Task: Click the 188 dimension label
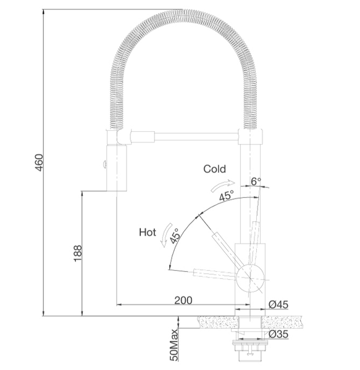[78, 253]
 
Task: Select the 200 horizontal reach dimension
[183, 300]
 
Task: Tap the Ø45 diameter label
[278, 305]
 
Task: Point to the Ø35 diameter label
[278, 334]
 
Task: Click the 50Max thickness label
[174, 345]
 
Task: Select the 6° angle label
[256, 181]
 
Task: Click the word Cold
[214, 169]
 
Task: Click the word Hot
[148, 232]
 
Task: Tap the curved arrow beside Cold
[222, 184]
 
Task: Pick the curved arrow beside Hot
[166, 235]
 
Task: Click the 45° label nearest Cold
[226, 195]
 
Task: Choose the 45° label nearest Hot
[175, 236]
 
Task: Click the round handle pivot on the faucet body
[250, 279]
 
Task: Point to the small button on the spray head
[104, 164]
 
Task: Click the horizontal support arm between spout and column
[196, 137]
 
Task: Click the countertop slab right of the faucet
[282, 322]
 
